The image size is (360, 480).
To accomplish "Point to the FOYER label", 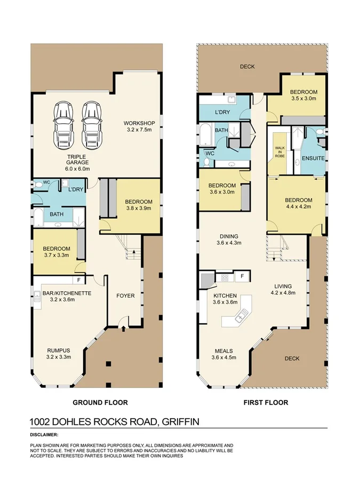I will point(126,295).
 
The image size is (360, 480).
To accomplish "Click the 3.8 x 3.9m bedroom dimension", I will point(139,209).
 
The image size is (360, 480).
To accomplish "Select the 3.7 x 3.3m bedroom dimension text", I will point(57,256).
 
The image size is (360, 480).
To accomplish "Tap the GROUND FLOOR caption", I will point(100,403).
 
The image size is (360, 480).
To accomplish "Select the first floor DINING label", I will point(229,236).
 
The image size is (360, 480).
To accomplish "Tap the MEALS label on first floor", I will point(223,350).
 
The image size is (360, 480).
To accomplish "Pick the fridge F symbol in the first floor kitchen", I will point(242,276).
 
